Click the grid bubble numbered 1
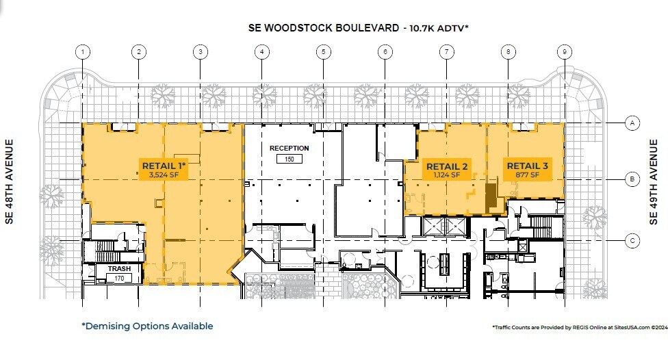[x=83, y=51]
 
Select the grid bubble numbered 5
[x=324, y=51]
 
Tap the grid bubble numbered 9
[x=565, y=51]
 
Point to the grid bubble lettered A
[x=633, y=123]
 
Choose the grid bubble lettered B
[x=633, y=179]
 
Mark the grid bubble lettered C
[x=633, y=240]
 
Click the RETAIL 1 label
[x=164, y=165]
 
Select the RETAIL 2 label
[x=447, y=166]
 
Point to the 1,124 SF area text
[x=447, y=175]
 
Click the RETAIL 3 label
[x=527, y=166]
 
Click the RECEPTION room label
[x=289, y=148]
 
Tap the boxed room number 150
[x=289, y=159]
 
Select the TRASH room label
[x=118, y=269]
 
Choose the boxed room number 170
[x=118, y=279]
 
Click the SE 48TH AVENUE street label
[x=10, y=183]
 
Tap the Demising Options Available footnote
[x=147, y=326]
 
